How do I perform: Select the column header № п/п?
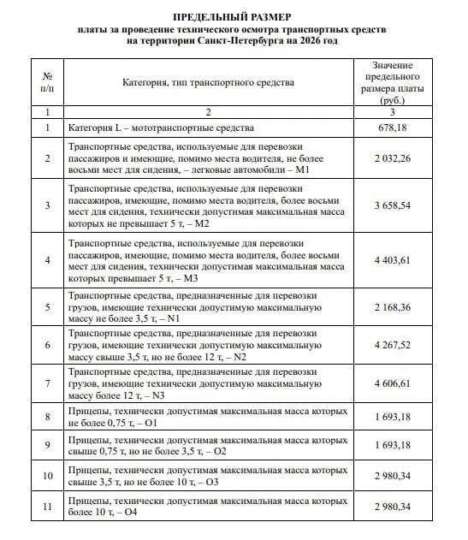[48, 82]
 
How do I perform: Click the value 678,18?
[393, 128]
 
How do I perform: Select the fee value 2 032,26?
[393, 159]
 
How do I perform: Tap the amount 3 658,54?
[393, 206]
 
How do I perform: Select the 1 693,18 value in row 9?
[393, 445]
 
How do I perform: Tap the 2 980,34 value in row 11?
[393, 507]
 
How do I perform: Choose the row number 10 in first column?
[48, 476]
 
